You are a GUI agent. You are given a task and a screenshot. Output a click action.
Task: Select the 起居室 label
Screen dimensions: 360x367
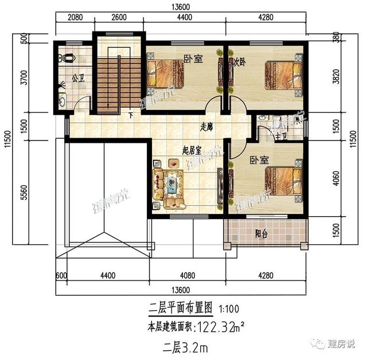click(x=191, y=151)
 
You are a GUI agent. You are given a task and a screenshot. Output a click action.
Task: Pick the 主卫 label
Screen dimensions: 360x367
click(x=281, y=136)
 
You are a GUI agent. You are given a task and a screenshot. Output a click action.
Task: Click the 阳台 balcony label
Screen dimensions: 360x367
click(x=262, y=234)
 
